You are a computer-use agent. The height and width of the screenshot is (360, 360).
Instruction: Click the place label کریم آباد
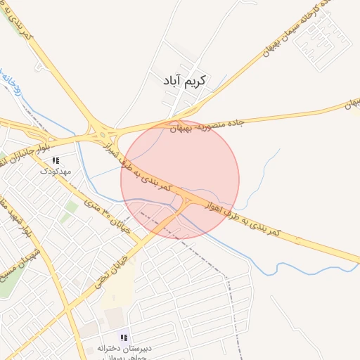(x=187, y=81)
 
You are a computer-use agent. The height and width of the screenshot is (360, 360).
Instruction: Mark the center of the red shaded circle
(x=180, y=179)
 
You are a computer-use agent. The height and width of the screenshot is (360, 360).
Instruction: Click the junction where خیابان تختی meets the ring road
(x=187, y=203)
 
